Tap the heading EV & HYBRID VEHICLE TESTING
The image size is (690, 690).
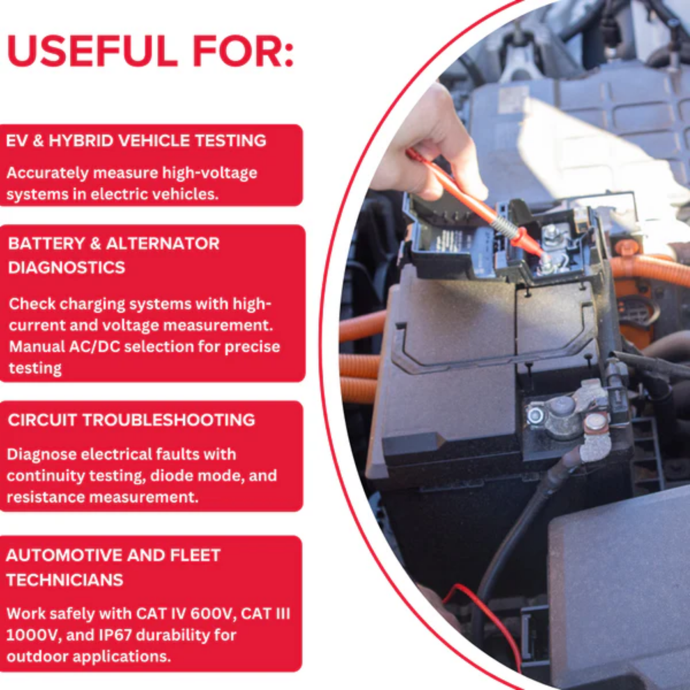[x=136, y=140]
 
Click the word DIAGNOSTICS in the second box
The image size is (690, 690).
[x=66, y=267]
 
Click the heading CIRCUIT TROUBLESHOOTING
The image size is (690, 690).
[x=131, y=420]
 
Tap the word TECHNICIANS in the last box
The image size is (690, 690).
[x=64, y=580]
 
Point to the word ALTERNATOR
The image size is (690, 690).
[x=162, y=244]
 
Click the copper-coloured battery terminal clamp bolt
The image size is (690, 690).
[x=595, y=423]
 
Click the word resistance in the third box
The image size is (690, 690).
[x=45, y=497]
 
